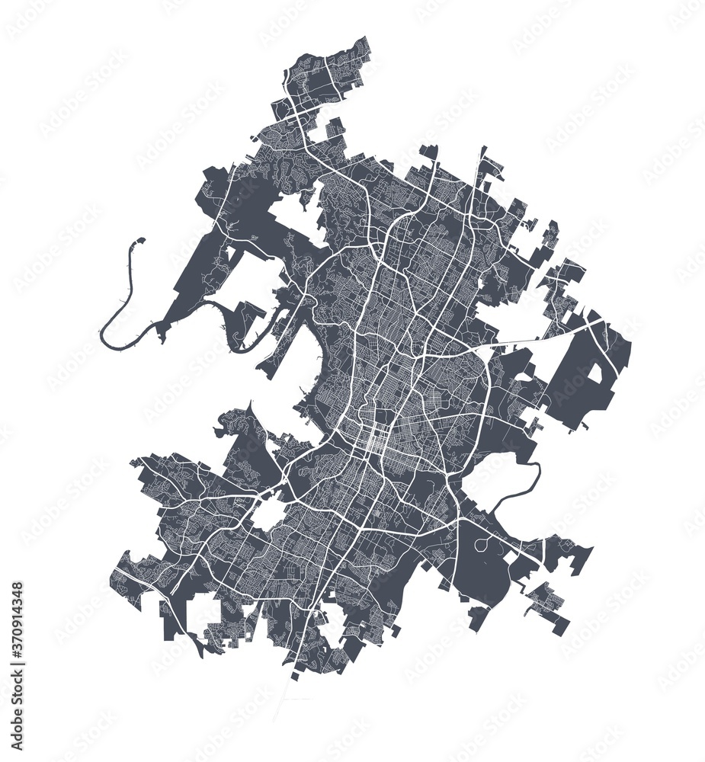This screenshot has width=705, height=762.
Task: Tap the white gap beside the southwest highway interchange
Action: (x=268, y=515)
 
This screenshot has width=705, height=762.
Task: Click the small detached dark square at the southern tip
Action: (x=296, y=676)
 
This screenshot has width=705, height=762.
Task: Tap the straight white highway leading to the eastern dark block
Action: (x=534, y=339)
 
